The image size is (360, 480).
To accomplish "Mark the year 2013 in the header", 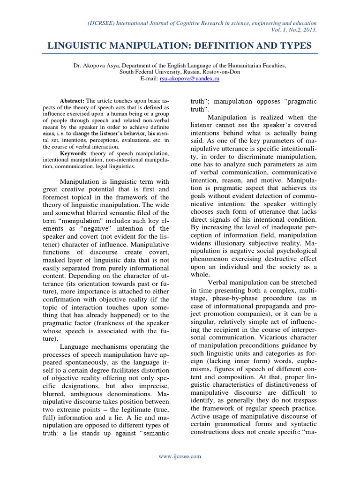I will coord(309,30).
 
